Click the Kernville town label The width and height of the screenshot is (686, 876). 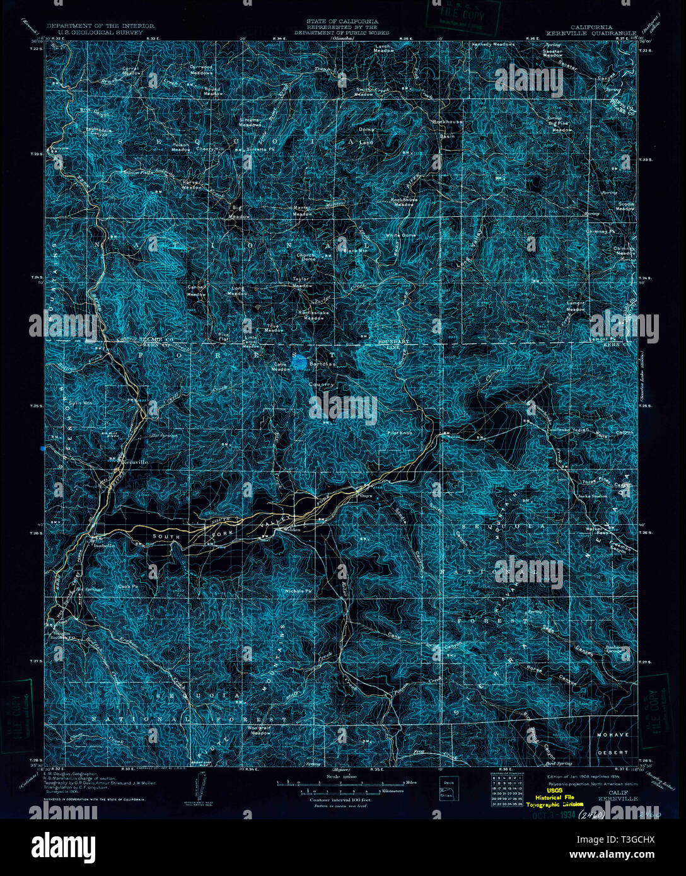tap(134, 462)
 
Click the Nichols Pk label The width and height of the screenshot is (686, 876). tap(299, 591)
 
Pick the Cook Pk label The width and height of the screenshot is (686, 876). tap(128, 586)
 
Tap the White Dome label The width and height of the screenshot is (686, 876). tap(401, 235)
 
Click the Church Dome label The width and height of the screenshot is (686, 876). tap(306, 257)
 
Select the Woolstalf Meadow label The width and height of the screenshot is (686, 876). tap(260, 730)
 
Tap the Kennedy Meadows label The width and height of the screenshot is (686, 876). tap(494, 45)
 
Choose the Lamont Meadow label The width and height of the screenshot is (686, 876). tap(575, 306)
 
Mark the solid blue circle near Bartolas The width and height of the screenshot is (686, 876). tap(299, 362)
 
